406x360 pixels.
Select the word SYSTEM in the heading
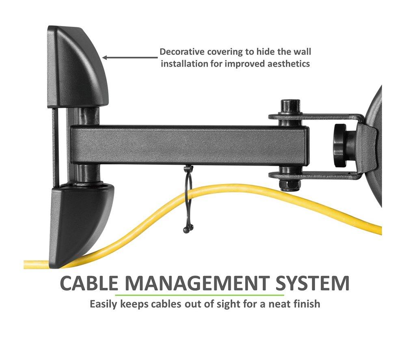coord(312,283)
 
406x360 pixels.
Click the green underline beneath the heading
coord(199,295)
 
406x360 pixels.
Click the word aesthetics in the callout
coord(288,64)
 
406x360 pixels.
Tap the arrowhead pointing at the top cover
coord(106,58)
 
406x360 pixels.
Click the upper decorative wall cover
coord(78,67)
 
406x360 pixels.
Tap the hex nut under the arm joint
coord(289,185)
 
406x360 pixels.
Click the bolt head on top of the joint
coord(290,106)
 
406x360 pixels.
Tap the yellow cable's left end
coord(25,264)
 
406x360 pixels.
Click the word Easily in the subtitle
coord(104,304)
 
